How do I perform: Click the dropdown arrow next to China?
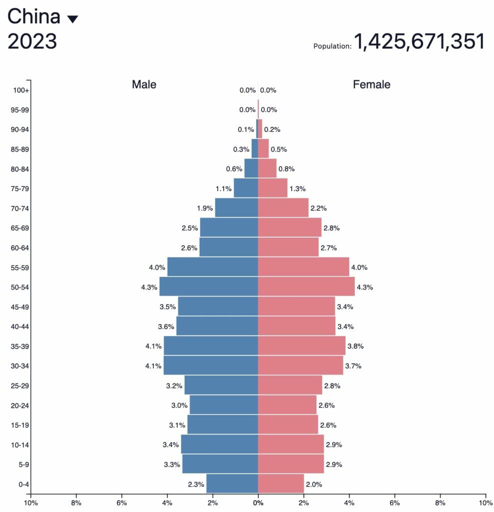(72, 19)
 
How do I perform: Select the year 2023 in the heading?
(32, 41)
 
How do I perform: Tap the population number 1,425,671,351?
(420, 41)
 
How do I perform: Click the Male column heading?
(144, 84)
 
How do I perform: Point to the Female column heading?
(372, 84)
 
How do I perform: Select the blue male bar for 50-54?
(209, 286)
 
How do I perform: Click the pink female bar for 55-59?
(303, 267)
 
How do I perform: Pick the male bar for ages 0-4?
(232, 483)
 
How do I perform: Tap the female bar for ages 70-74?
(283, 208)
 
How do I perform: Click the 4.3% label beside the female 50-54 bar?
(365, 287)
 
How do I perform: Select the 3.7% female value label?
(353, 366)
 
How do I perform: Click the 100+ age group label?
(21, 90)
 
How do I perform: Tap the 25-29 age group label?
(20, 385)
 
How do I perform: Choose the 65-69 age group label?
(20, 228)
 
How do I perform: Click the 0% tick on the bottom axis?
(258, 502)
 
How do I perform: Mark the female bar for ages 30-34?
(300, 365)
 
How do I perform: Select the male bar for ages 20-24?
(224, 405)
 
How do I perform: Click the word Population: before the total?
(332, 46)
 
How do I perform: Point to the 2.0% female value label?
(314, 484)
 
